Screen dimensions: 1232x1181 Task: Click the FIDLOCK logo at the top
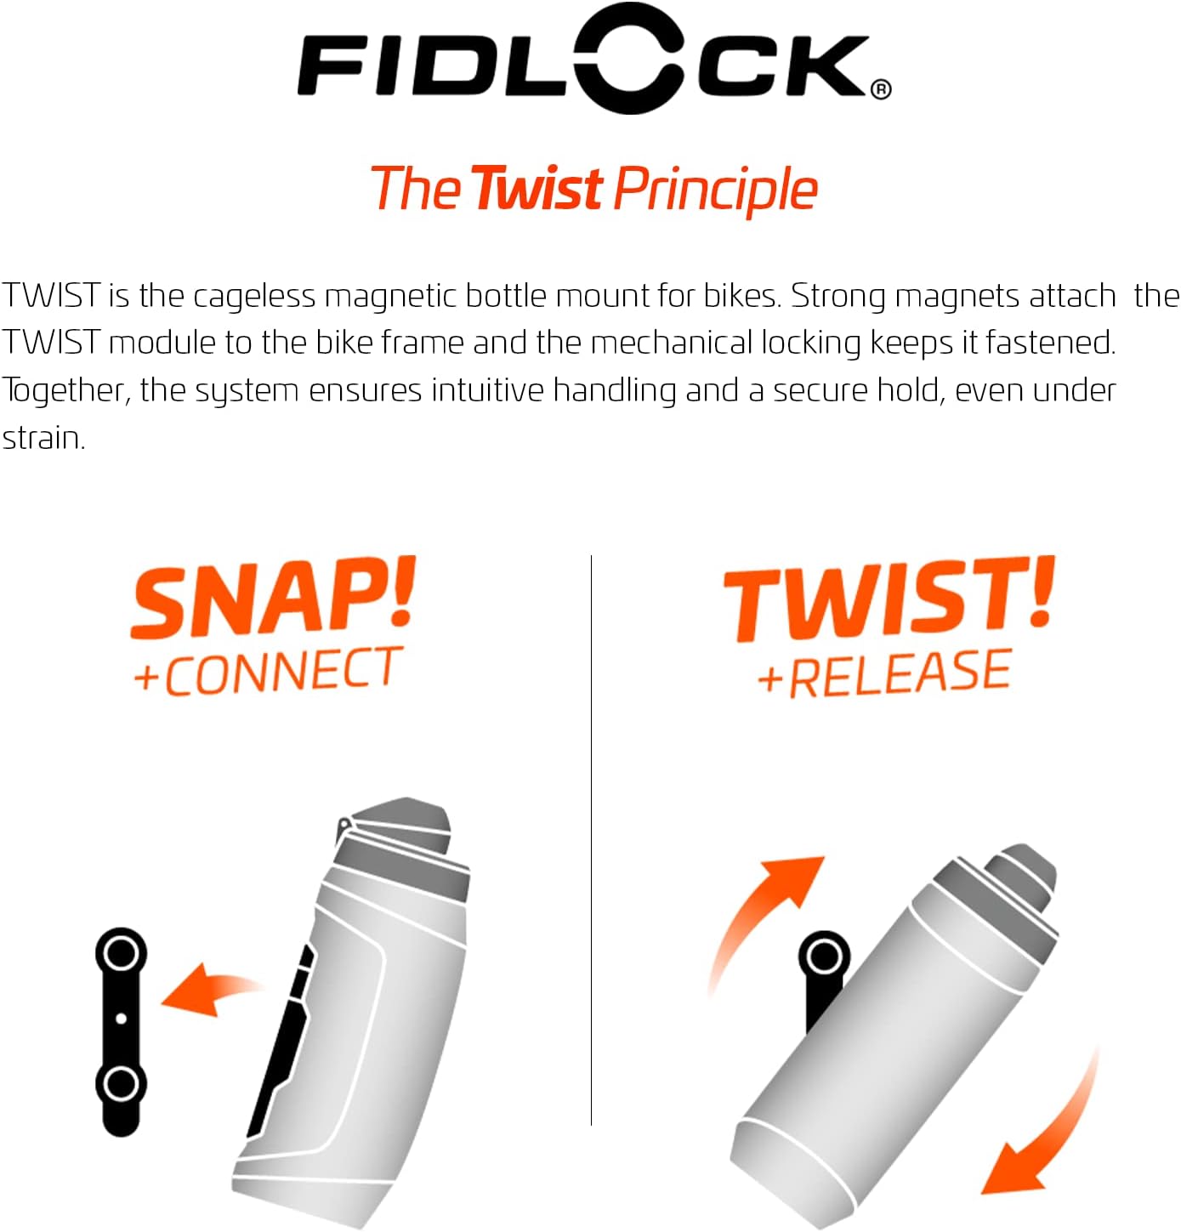(587, 61)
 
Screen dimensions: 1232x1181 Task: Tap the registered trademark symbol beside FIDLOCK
(882, 88)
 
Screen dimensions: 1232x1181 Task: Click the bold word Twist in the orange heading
(537, 189)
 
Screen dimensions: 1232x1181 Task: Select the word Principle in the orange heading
(715, 190)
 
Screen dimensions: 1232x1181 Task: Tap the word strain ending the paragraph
(43, 438)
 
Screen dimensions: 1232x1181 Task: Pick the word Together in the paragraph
(65, 391)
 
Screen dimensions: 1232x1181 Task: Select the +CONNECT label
(268, 672)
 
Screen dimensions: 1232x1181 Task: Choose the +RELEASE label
(884, 673)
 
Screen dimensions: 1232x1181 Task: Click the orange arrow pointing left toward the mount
(208, 989)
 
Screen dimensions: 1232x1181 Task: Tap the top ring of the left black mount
(121, 952)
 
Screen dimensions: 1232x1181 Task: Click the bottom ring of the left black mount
(121, 1085)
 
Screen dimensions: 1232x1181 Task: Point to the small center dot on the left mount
(121, 1018)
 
